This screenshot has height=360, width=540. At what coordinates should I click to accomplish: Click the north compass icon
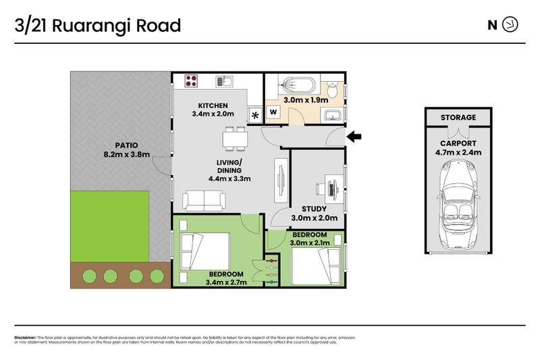pos(512,26)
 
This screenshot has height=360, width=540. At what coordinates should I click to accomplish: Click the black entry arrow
pos(354,137)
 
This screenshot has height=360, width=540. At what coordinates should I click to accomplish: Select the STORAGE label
pos(458,118)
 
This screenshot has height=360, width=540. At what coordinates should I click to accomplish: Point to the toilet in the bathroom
pos(333,91)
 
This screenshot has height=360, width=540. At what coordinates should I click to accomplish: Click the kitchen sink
pos(223,82)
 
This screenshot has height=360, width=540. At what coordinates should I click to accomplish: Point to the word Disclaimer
pos(26,337)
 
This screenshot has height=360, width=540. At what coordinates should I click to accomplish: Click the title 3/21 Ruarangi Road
pos(98,26)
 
